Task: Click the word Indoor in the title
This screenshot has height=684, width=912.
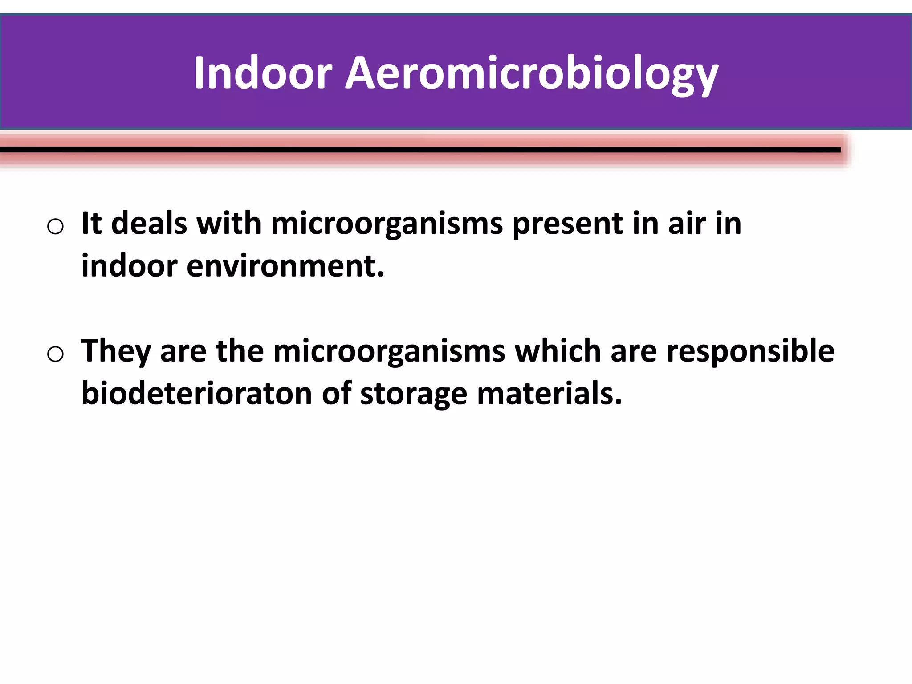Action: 263,73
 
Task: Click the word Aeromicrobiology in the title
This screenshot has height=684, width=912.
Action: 532,73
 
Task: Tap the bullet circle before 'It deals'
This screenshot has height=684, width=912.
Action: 55,227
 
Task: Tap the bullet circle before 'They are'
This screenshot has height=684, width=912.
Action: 55,354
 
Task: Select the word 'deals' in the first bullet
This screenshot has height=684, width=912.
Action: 149,223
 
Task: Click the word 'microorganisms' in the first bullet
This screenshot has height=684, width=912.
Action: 387,223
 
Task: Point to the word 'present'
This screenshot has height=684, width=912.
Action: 567,223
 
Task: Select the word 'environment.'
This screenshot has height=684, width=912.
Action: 285,266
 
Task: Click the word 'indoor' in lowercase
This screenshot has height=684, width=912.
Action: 129,266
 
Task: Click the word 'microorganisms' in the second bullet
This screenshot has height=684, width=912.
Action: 389,351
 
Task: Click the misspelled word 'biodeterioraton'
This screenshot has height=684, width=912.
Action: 196,394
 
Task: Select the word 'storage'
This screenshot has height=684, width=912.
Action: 413,394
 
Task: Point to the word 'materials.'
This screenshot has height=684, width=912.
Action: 549,394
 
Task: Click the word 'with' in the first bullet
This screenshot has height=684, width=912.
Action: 229,223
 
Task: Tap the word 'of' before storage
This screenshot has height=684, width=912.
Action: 337,394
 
